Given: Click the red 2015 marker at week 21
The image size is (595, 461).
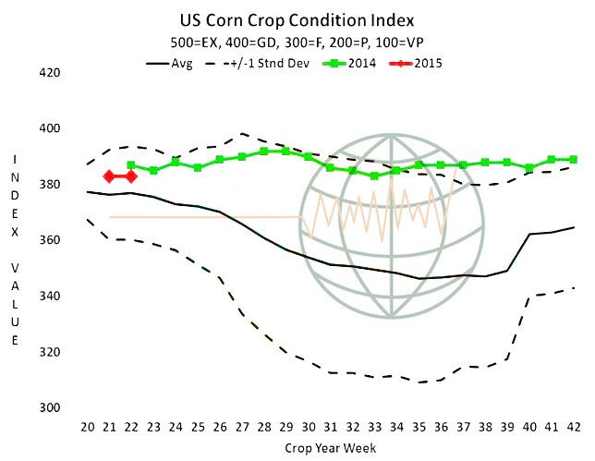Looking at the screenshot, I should point(110,176).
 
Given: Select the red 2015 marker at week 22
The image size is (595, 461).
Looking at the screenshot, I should point(131,176).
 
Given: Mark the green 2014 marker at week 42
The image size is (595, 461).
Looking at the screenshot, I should point(574,160).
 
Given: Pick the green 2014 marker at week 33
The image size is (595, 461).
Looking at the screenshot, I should point(374,176).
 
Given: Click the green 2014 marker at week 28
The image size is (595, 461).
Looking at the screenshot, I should point(264,152).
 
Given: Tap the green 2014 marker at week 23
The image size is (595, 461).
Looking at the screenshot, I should point(153,171).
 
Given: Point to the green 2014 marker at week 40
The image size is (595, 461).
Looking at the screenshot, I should point(529,168).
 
